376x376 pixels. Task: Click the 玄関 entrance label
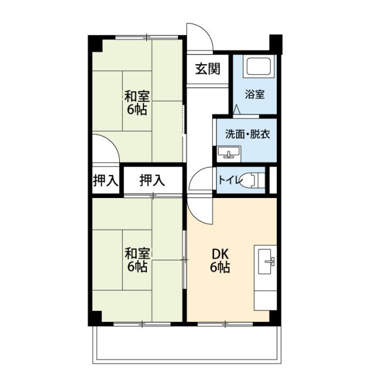click(x=207, y=69)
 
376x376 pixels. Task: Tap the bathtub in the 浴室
click(x=258, y=66)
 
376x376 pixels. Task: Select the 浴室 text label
click(x=254, y=94)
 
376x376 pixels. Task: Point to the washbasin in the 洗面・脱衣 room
click(x=229, y=153)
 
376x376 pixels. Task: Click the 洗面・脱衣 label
click(x=248, y=134)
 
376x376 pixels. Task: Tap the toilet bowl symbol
click(x=252, y=180)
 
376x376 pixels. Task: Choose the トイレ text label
click(x=229, y=180)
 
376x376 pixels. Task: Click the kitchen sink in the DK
click(x=266, y=261)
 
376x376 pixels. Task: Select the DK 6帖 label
click(x=220, y=260)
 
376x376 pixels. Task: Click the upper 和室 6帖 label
click(x=137, y=103)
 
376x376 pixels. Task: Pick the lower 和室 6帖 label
click(x=137, y=260)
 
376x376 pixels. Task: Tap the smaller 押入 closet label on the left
click(x=106, y=180)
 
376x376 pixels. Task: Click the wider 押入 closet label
click(x=152, y=180)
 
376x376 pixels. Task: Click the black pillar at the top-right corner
click(x=276, y=45)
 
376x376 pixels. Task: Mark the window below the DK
click(x=225, y=324)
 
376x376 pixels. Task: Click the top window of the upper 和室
click(x=147, y=37)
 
